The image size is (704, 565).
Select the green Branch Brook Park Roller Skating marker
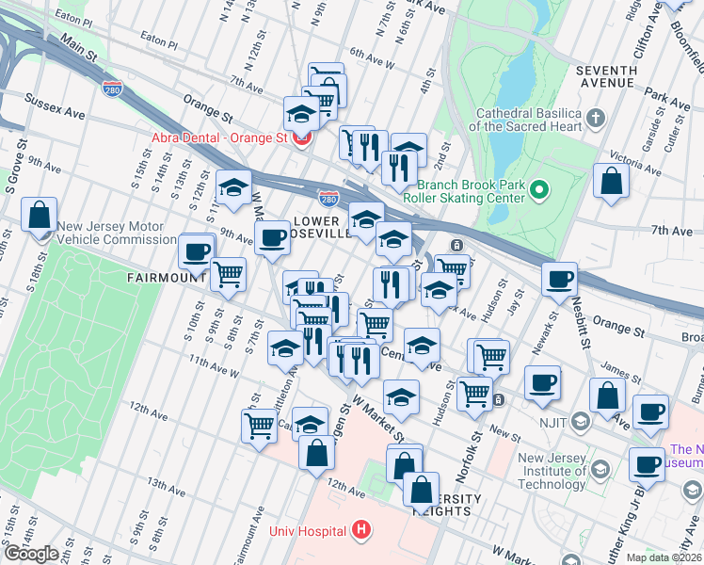tap(538, 190)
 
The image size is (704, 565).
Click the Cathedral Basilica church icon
tap(595, 118)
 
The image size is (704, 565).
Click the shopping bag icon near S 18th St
tap(40, 215)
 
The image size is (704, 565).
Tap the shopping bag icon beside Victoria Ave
tap(612, 181)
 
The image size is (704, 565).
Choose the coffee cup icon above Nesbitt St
tap(560, 279)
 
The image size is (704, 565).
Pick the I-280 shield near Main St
tap(111, 88)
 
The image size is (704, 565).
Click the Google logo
tap(31, 554)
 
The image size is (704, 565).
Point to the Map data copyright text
tap(664, 557)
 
